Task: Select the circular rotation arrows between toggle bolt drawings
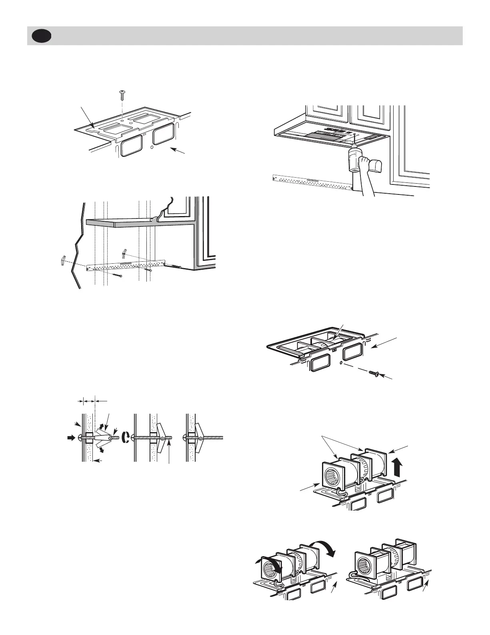pos(128,438)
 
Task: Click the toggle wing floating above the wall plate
pos(124,253)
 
